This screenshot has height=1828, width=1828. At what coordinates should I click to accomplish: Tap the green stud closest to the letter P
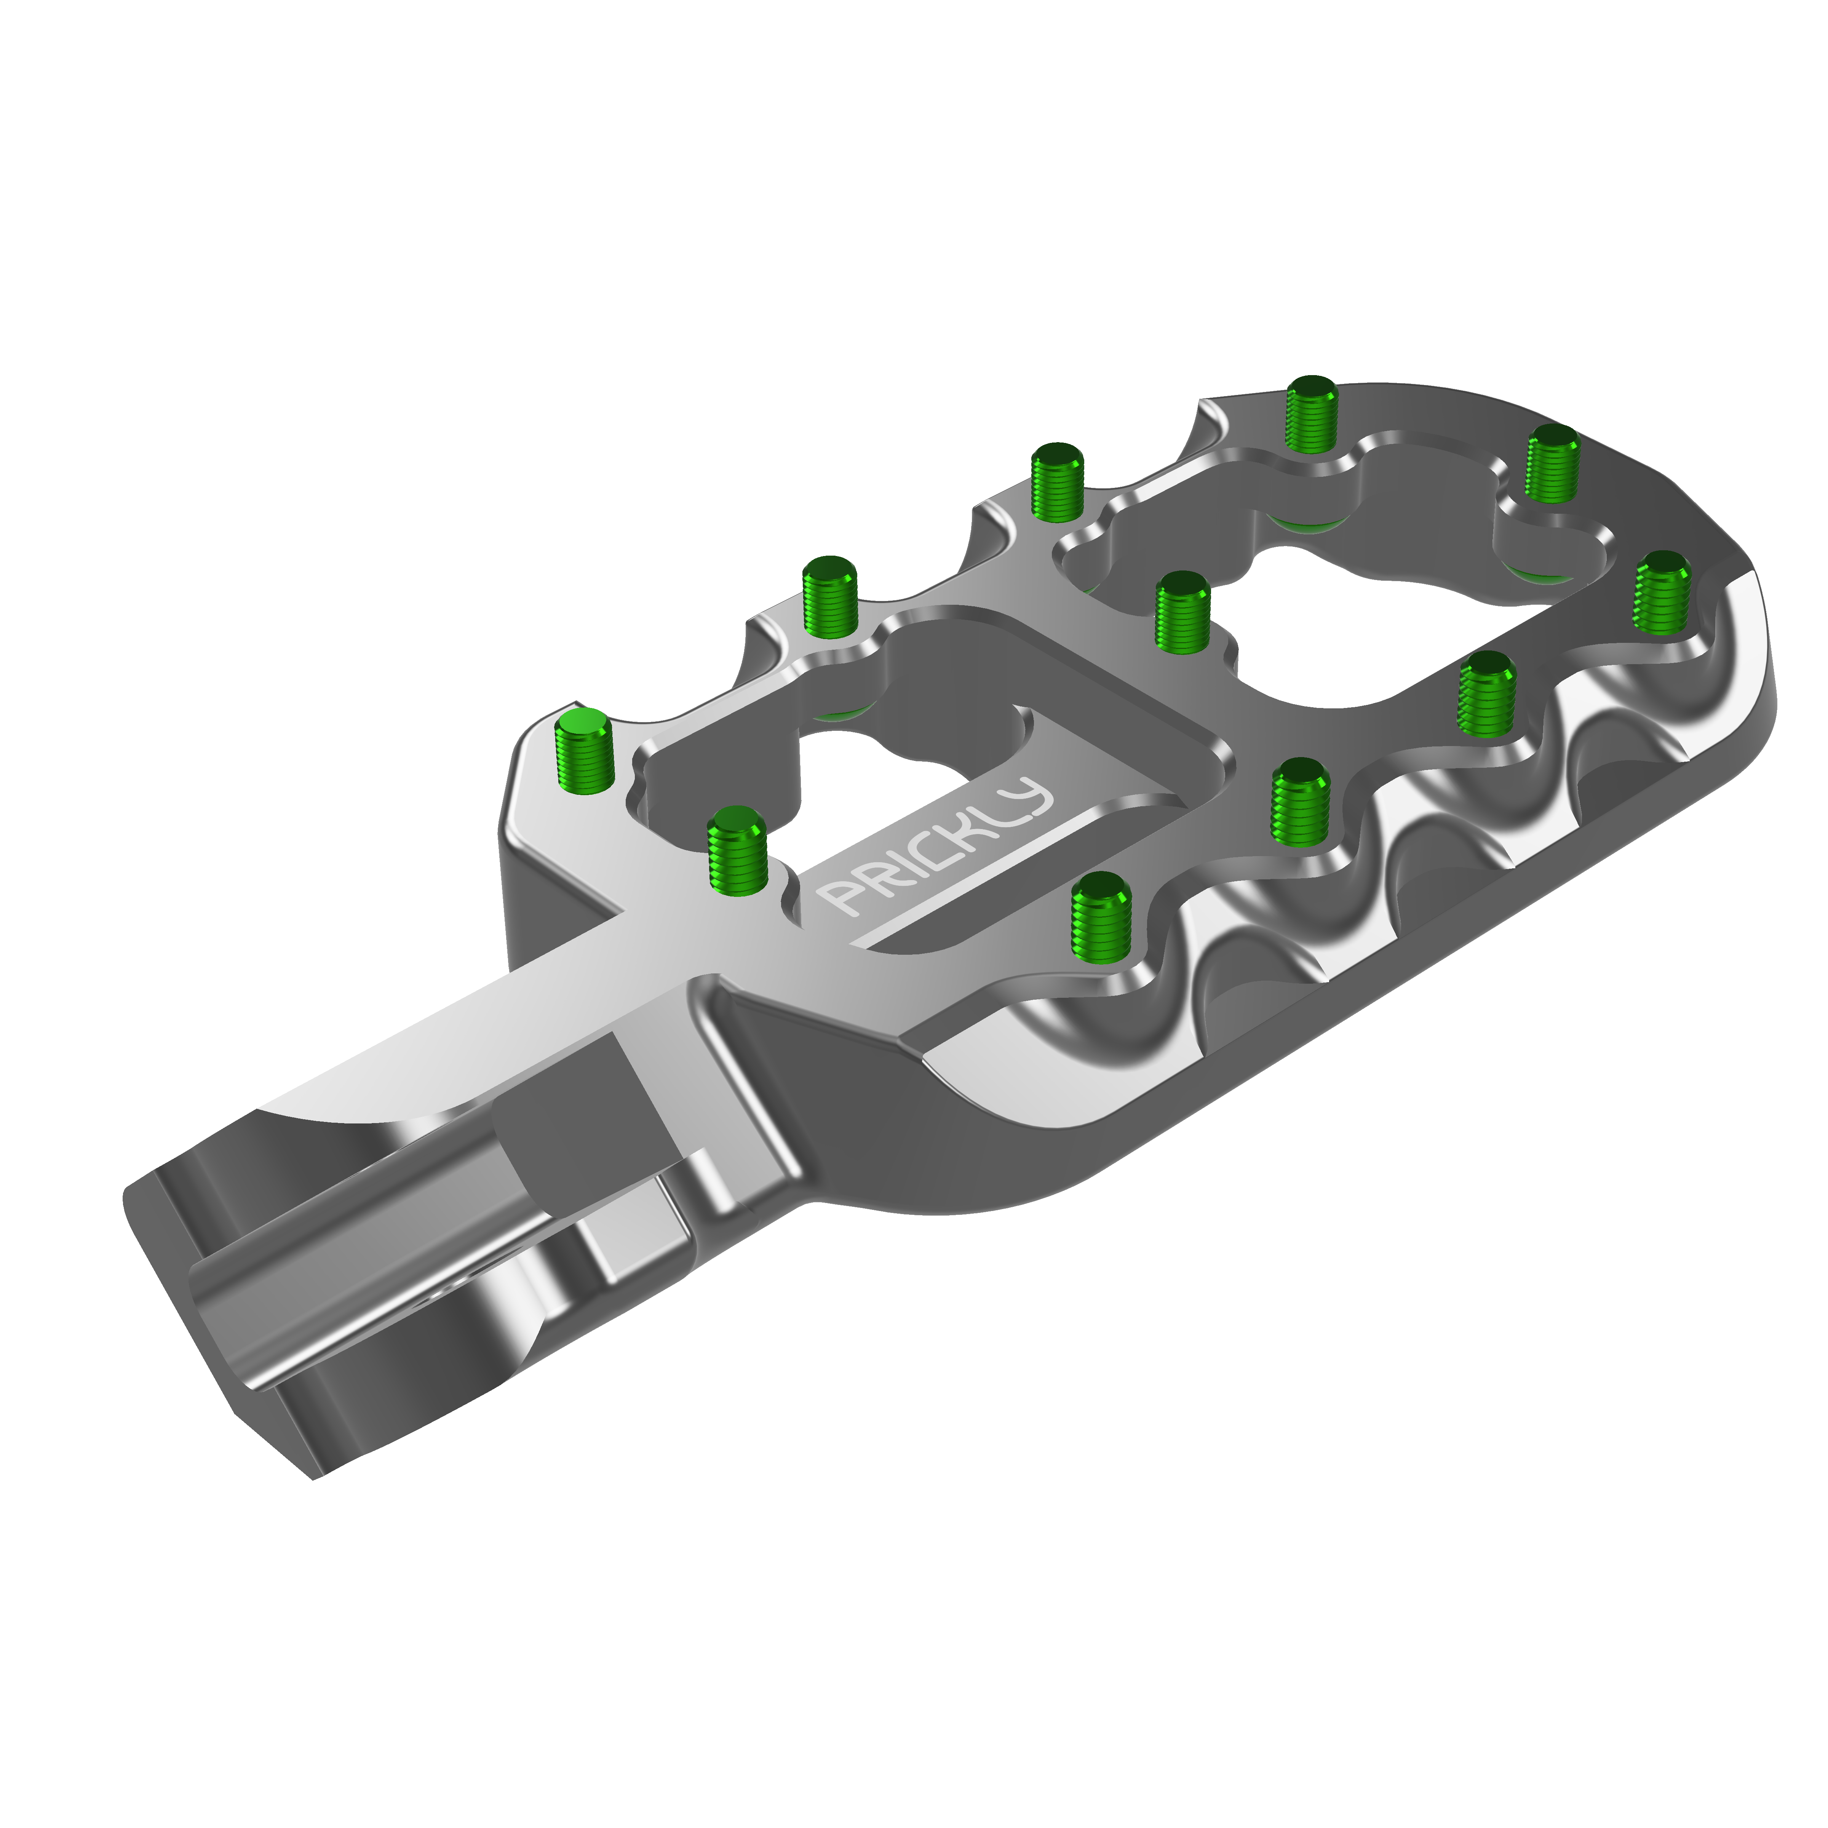(x=737, y=849)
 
